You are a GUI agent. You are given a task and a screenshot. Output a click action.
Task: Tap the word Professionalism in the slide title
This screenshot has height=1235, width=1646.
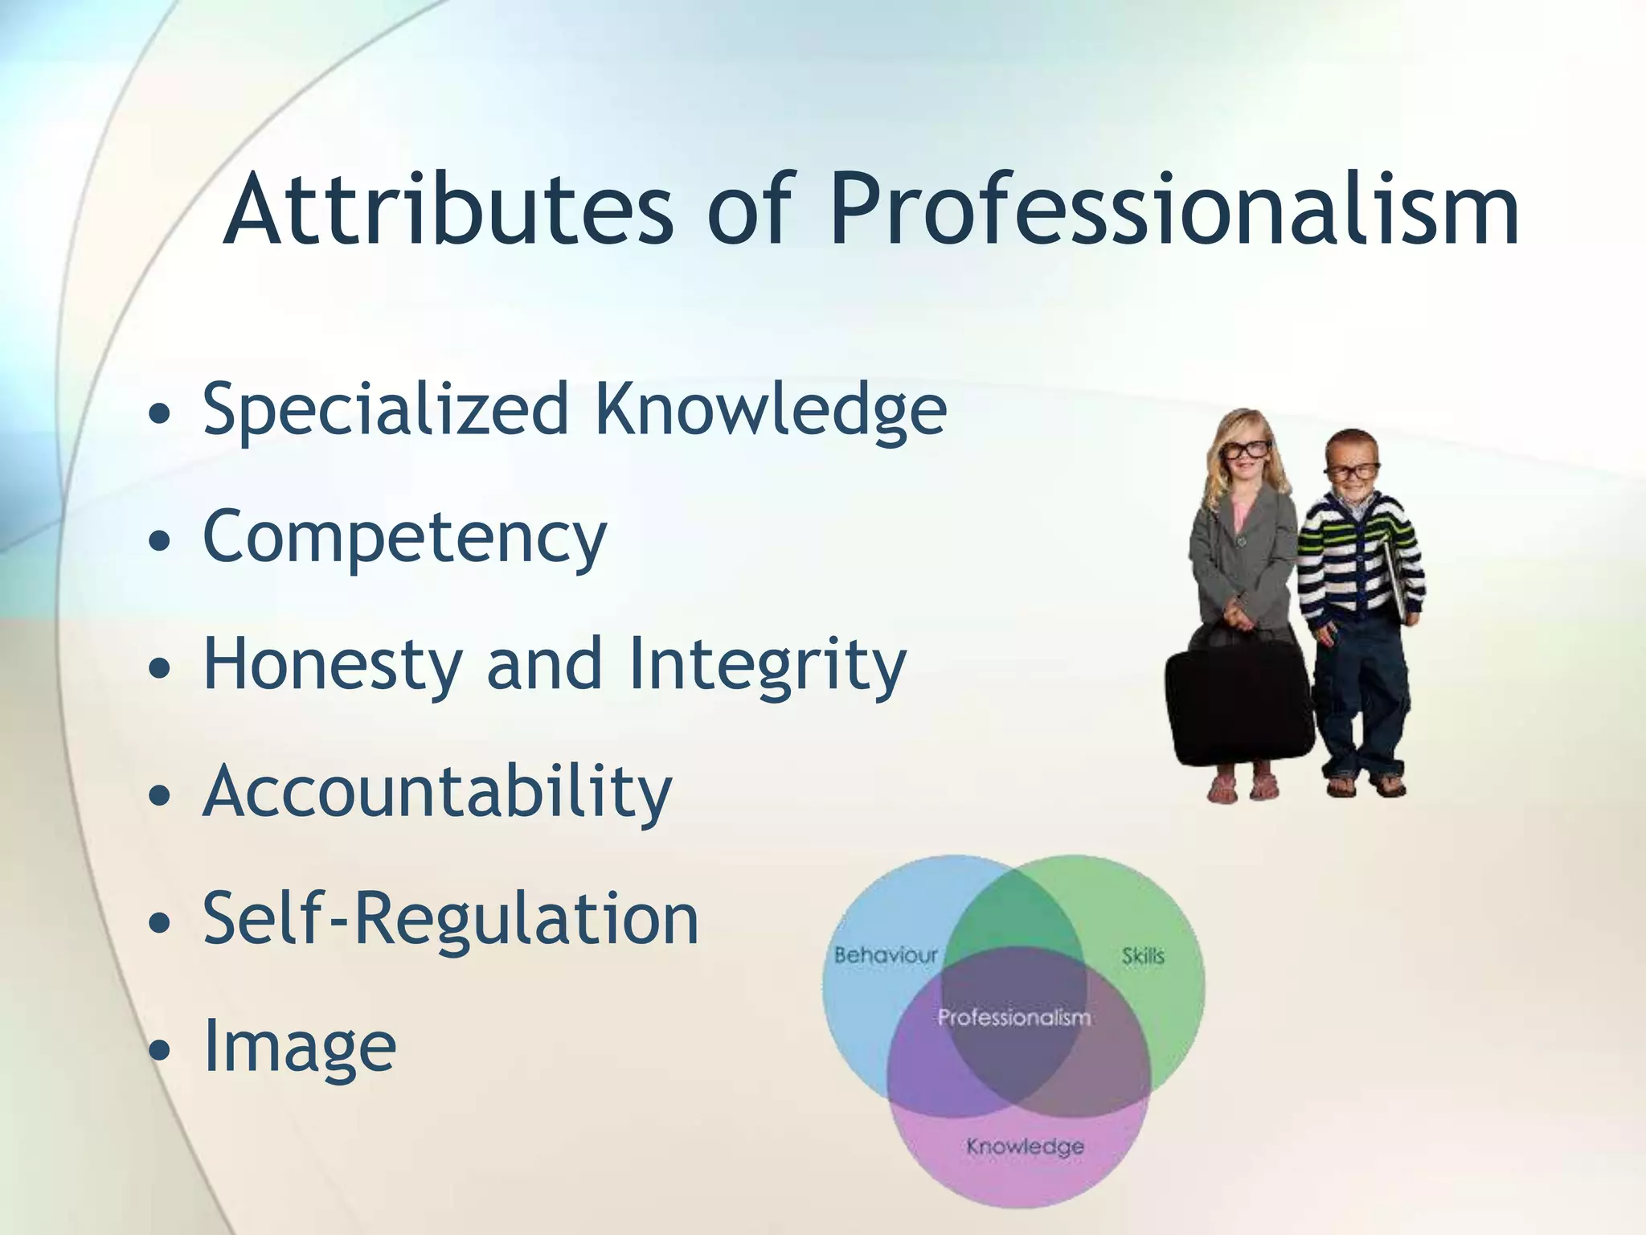(x=1173, y=211)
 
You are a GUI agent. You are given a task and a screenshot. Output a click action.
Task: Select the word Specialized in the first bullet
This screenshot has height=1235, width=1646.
(x=386, y=410)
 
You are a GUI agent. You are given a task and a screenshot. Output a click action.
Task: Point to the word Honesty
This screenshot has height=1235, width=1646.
(x=333, y=664)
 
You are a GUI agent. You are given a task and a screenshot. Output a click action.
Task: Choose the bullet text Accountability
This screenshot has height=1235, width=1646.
(x=437, y=793)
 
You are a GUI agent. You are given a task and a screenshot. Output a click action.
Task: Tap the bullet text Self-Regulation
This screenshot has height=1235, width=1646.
(x=450, y=918)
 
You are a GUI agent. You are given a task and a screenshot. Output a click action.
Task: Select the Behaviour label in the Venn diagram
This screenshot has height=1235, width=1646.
(x=886, y=955)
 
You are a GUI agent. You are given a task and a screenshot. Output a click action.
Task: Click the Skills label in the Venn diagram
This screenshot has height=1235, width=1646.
(x=1142, y=956)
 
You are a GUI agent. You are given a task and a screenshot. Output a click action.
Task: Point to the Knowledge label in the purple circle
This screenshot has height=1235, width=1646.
(x=1025, y=1146)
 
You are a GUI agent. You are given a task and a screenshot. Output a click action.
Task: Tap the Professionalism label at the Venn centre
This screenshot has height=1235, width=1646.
(x=1014, y=1018)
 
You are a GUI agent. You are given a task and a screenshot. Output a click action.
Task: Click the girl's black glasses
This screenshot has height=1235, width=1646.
(x=1245, y=449)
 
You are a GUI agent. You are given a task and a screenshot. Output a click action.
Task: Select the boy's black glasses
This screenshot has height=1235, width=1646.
(x=1351, y=471)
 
